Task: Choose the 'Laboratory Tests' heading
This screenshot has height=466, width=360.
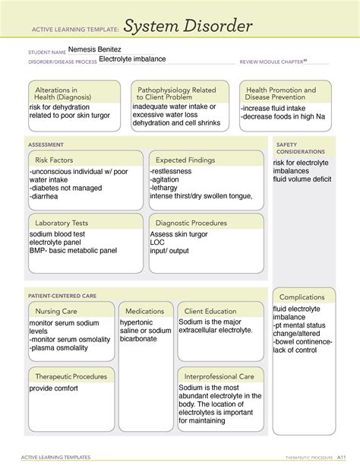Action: pyautogui.click(x=62, y=223)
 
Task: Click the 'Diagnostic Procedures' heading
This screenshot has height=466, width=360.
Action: pyautogui.click(x=191, y=223)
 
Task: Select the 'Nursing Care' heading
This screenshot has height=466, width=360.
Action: pyautogui.click(x=55, y=311)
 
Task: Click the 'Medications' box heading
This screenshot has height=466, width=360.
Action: pyautogui.click(x=145, y=311)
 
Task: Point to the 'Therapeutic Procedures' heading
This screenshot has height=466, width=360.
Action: pyautogui.click(x=69, y=376)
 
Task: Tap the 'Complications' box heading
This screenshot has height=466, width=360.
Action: pyautogui.click(x=302, y=296)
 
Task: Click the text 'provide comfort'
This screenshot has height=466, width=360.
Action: pyautogui.click(x=55, y=388)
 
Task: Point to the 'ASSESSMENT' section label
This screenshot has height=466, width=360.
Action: pyautogui.click(x=46, y=144)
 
